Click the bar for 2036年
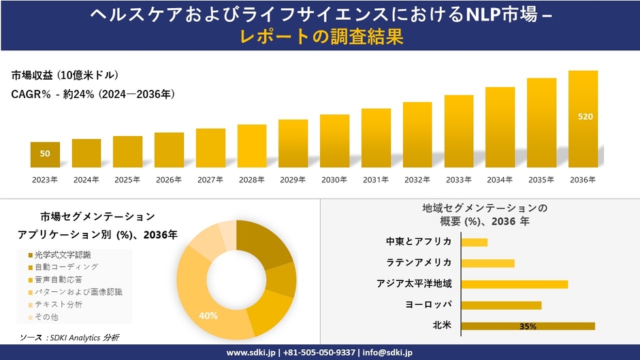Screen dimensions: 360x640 coord(583,119)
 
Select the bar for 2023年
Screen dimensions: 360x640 coord(45,154)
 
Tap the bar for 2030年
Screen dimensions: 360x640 coord(334,141)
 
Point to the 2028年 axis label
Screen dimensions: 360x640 coord(251,180)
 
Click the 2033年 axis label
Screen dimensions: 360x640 coord(458,180)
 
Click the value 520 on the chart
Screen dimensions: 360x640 coord(585,117)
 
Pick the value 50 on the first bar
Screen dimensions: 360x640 coord(45,154)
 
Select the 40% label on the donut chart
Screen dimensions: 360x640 coord(208,316)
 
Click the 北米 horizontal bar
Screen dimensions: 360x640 coord(528,326)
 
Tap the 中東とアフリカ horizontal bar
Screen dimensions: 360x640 coord(474,242)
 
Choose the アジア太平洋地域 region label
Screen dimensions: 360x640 coord(414,284)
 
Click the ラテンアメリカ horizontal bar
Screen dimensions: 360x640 coord(487,263)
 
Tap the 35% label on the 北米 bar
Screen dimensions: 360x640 coord(528,327)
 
